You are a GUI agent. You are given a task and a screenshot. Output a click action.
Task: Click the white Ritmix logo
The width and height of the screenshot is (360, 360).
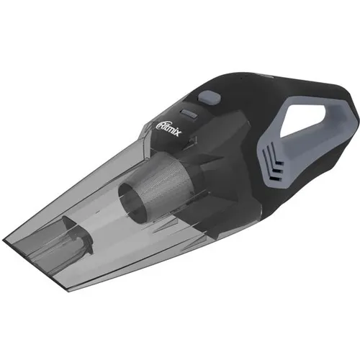click(x=169, y=128)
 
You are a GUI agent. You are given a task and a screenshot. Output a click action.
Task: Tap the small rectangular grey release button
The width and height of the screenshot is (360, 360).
click(x=189, y=113)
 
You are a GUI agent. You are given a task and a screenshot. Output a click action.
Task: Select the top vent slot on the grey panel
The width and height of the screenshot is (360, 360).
click(x=274, y=156)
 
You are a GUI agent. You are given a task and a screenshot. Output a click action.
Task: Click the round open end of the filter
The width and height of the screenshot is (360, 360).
click(x=132, y=200)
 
